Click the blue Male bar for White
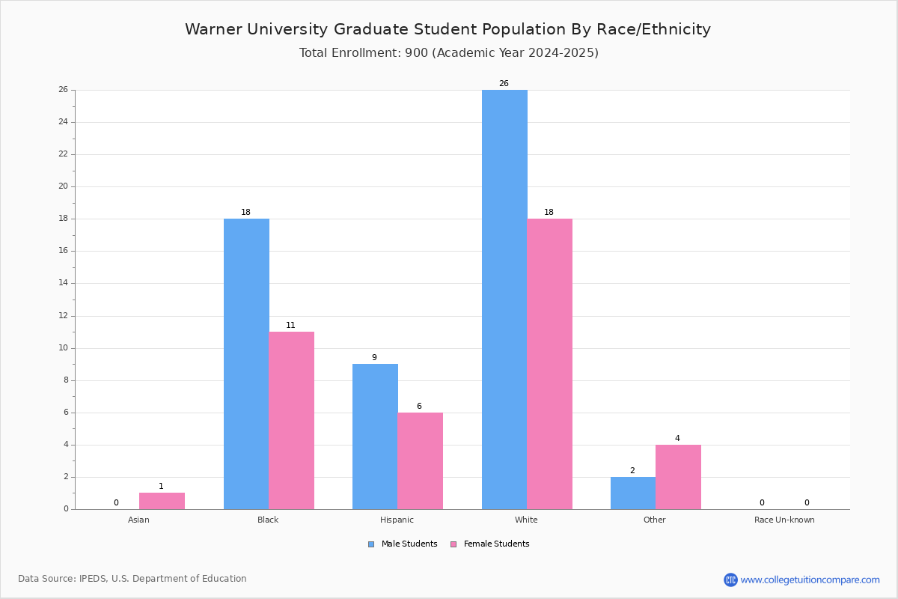[x=504, y=299]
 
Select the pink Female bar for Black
[x=291, y=421]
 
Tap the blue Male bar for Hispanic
[x=375, y=437]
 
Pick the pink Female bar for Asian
[x=162, y=501]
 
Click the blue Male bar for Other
[x=633, y=493]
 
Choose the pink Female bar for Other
[x=678, y=477]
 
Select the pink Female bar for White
[x=549, y=364]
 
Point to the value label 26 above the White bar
[x=504, y=83]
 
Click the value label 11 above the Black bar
[x=290, y=326]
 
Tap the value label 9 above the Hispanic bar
[x=374, y=357]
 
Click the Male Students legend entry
[x=403, y=544]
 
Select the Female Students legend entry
[x=490, y=544]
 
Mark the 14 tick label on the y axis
[x=64, y=283]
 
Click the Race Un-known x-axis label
[x=784, y=520]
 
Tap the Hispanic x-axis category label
[x=397, y=520]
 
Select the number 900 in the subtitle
[x=417, y=53]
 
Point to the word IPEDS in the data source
[x=93, y=579]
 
